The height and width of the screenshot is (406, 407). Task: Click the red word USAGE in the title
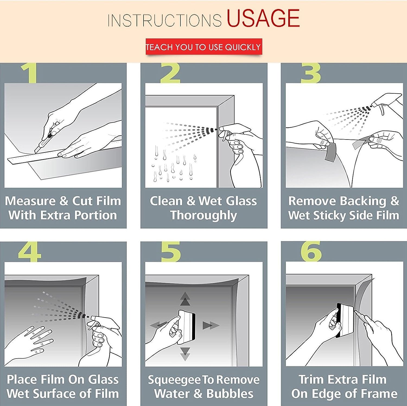(263, 18)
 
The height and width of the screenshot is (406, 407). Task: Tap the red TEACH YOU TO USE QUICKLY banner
(204, 47)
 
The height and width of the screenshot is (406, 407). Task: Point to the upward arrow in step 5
(185, 299)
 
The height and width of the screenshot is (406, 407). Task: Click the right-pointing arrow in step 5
(211, 325)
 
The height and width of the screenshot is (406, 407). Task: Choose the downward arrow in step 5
(185, 354)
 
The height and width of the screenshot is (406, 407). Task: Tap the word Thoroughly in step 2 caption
(204, 216)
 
